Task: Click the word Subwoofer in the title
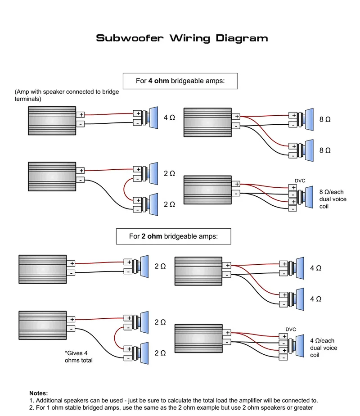130,38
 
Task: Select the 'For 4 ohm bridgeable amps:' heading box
180,81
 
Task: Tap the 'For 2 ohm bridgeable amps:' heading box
173,236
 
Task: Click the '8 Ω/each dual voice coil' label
333,199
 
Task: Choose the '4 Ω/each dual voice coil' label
324,348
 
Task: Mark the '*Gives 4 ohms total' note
79,357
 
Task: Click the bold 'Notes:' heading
38,393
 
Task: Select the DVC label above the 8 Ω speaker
300,181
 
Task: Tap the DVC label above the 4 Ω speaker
291,329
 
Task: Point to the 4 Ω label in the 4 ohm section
169,118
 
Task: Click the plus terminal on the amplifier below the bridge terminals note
81,115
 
